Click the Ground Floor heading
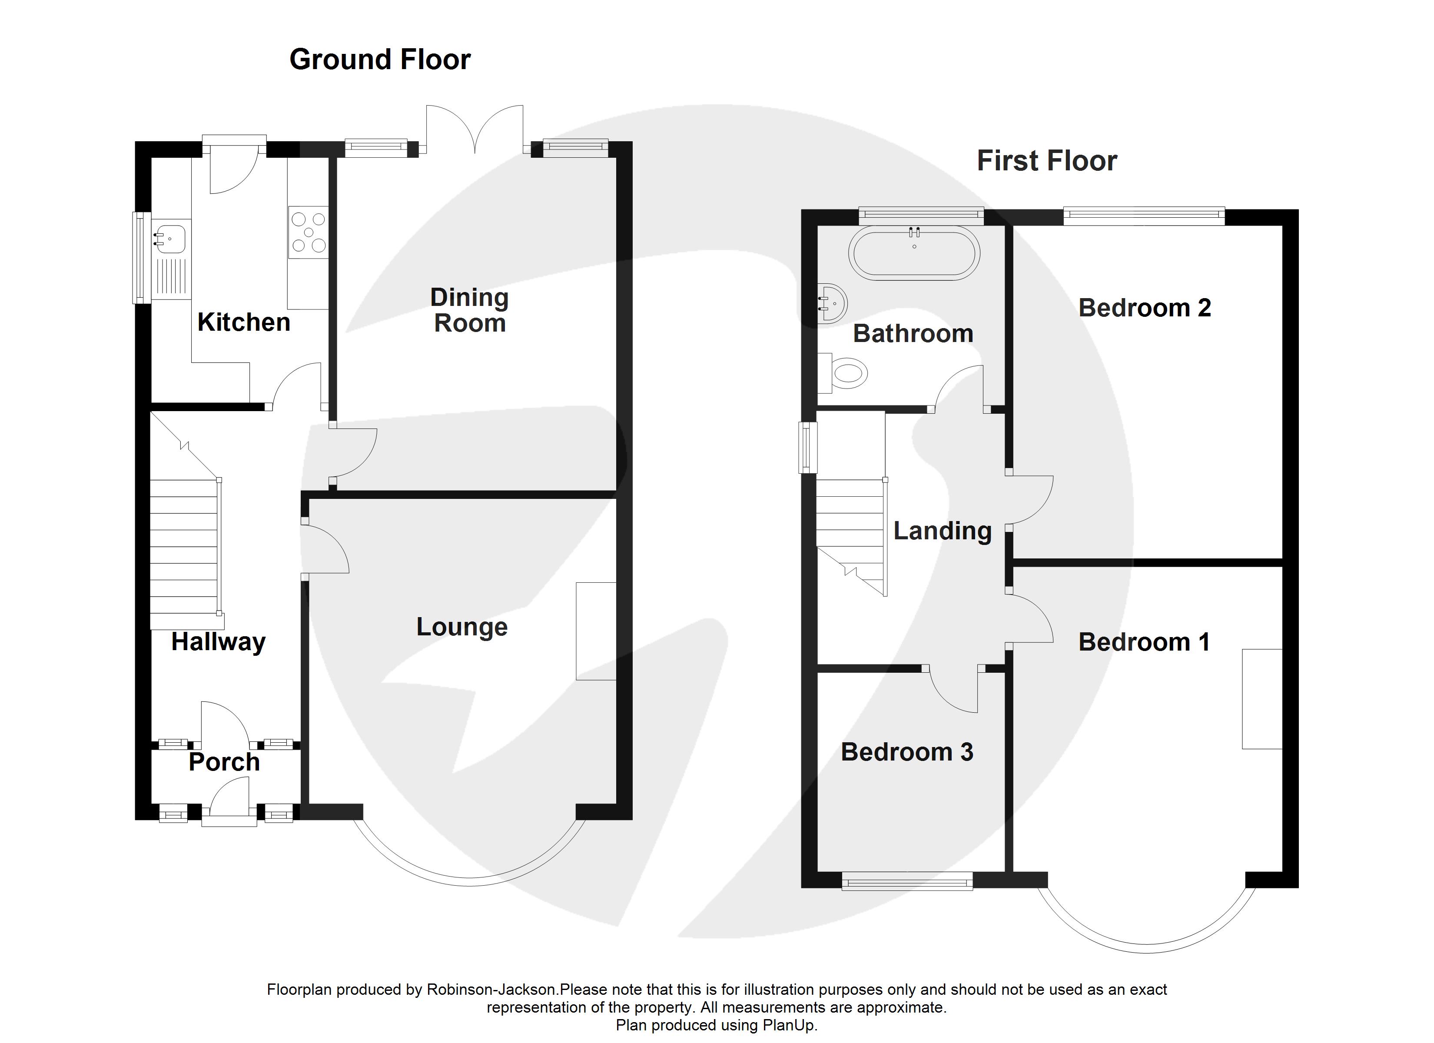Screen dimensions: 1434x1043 pyautogui.click(x=380, y=60)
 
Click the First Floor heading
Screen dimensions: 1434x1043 pyautogui.click(x=1047, y=161)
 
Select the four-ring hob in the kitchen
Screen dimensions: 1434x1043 pyautogui.click(x=309, y=232)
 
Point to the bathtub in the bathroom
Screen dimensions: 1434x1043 pyautogui.click(x=914, y=253)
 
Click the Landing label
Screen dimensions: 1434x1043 pyautogui.click(x=943, y=531)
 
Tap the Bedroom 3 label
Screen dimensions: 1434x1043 pyautogui.click(x=907, y=752)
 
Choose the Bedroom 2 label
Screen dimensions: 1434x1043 pyautogui.click(x=1145, y=308)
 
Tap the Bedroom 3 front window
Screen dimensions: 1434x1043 pyautogui.click(x=907, y=881)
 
